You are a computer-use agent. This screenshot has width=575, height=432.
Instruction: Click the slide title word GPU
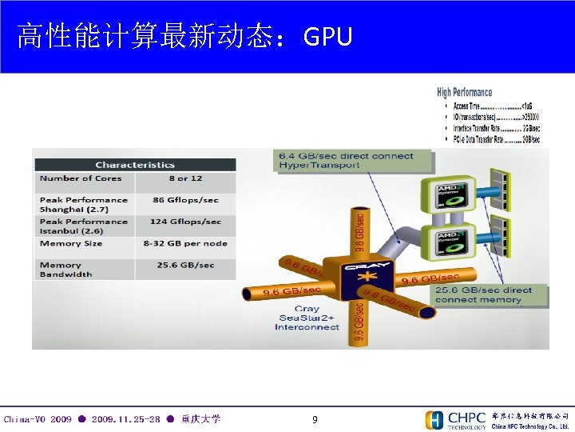click(328, 36)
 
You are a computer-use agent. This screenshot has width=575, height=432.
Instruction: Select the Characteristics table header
click(135, 165)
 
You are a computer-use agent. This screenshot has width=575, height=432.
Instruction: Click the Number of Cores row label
click(81, 178)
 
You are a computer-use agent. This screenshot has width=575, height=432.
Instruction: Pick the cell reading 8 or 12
click(185, 178)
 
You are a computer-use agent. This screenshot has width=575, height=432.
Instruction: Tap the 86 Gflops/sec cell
click(185, 200)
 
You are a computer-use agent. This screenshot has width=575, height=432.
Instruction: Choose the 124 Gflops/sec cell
click(185, 222)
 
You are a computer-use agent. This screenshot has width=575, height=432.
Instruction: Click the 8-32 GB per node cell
click(185, 243)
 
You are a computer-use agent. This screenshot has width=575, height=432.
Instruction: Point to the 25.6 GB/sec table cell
click(185, 265)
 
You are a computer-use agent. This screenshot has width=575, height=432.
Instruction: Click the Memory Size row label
click(71, 243)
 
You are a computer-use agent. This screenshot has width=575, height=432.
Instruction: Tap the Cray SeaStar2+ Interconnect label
click(307, 318)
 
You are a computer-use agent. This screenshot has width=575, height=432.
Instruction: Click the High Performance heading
click(465, 92)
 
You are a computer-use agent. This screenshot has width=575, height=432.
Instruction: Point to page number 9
click(315, 419)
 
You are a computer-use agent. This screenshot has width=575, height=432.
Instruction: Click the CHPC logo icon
click(434, 420)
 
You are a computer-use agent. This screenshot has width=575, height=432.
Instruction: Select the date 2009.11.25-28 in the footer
click(125, 419)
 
